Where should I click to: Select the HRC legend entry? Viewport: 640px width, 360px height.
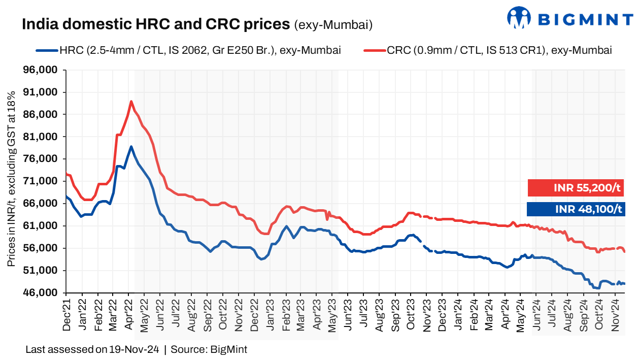[x=188, y=50]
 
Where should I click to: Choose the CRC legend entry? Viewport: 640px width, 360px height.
[x=487, y=50]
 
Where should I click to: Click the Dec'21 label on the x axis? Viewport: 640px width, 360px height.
[x=66, y=315]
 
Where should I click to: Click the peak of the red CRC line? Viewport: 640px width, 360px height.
[x=131, y=101]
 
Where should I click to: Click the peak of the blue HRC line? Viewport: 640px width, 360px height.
[x=131, y=147]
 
